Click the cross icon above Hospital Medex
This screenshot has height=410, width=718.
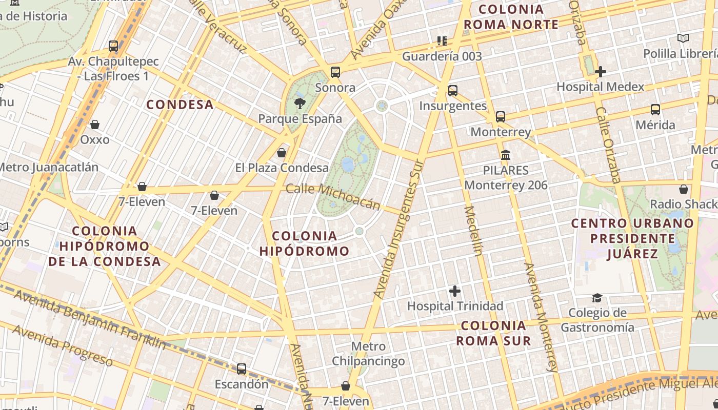coord(601,72)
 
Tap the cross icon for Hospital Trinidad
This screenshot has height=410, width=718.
coord(455,291)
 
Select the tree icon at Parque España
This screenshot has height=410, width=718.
coord(300,104)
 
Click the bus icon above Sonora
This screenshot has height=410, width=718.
coord(335,72)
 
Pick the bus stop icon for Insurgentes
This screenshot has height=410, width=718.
coord(453,91)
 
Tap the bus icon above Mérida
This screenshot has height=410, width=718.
coord(655,109)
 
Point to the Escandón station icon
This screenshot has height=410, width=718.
coord(241,368)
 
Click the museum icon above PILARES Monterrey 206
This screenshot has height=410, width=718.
coord(506,154)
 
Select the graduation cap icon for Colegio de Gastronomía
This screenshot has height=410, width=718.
coord(597,298)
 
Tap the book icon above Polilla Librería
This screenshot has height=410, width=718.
coord(683,38)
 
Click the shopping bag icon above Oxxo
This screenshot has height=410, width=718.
coord(95,125)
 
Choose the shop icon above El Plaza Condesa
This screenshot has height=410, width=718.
coord(282,153)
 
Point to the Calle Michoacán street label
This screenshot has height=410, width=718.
coord(333,196)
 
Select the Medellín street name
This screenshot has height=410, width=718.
coord(474,231)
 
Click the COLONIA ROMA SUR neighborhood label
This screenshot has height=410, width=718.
coord(493,333)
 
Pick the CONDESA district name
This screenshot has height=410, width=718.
coord(180,105)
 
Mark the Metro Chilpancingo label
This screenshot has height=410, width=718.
coord(368,354)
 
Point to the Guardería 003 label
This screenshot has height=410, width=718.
coord(442,56)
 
